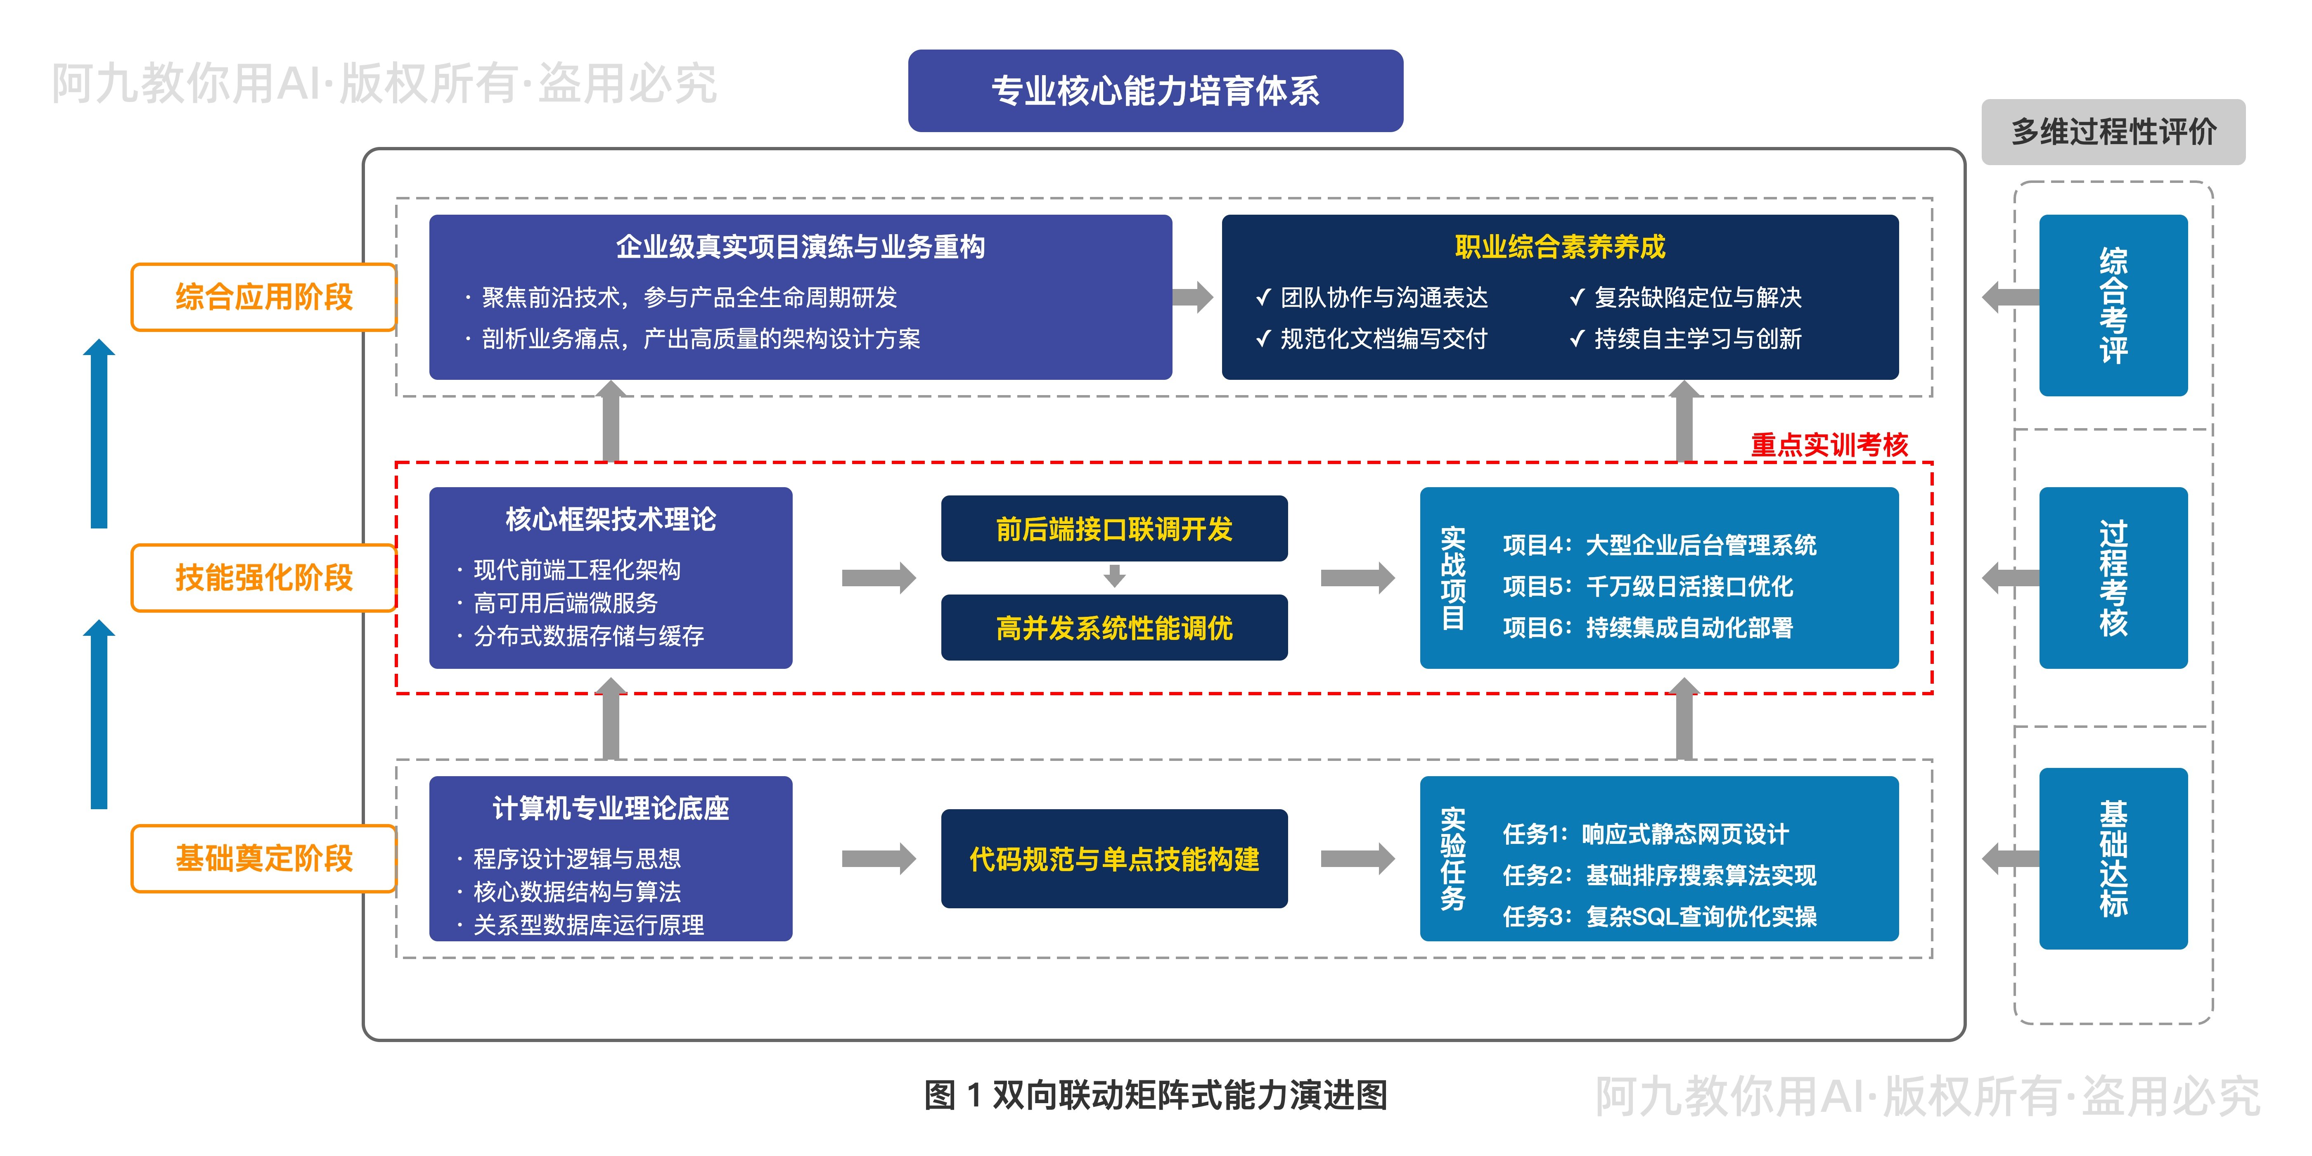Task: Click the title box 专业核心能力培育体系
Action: (1155, 91)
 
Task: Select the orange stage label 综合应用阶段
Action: (264, 297)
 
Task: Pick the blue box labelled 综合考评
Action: (2114, 305)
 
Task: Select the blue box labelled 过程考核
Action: (2114, 578)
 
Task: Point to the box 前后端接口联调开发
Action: (1114, 528)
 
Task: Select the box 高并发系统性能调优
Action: (1114, 628)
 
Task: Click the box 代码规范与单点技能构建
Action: (1114, 859)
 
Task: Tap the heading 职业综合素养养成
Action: (1560, 247)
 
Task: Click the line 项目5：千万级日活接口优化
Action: (1648, 586)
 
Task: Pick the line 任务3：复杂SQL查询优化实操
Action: (1660, 917)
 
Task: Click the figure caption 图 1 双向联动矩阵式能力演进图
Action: (1156, 1095)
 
